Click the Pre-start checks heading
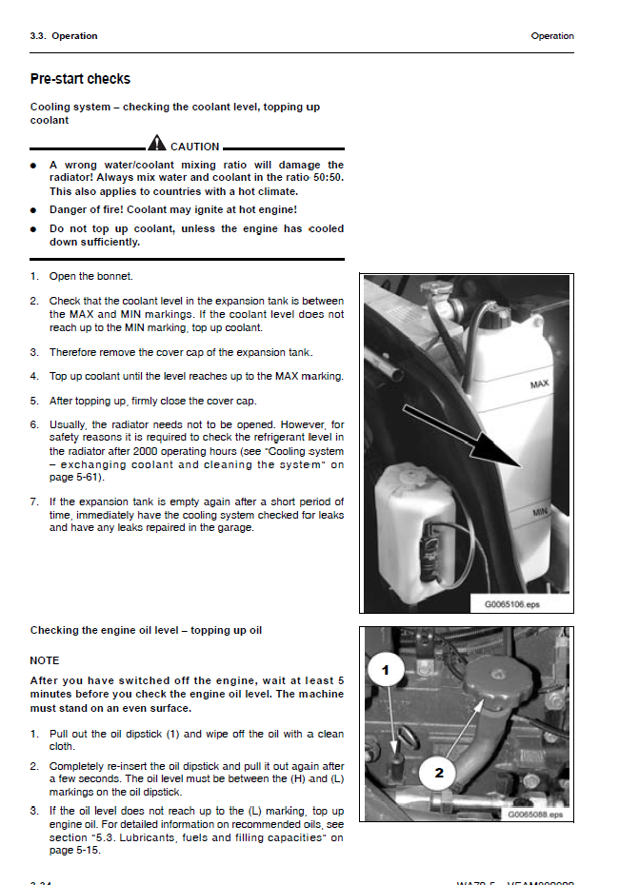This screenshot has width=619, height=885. (80, 79)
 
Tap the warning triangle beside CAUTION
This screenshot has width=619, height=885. (156, 145)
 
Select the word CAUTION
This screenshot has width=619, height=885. (194, 147)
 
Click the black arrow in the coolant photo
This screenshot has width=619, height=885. (463, 436)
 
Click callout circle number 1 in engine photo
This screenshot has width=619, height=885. (385, 672)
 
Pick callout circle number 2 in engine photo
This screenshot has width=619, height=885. (439, 773)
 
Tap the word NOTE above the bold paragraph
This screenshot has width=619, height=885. (45, 660)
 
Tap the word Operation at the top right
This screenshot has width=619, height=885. (552, 36)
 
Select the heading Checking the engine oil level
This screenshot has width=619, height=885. (146, 630)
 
